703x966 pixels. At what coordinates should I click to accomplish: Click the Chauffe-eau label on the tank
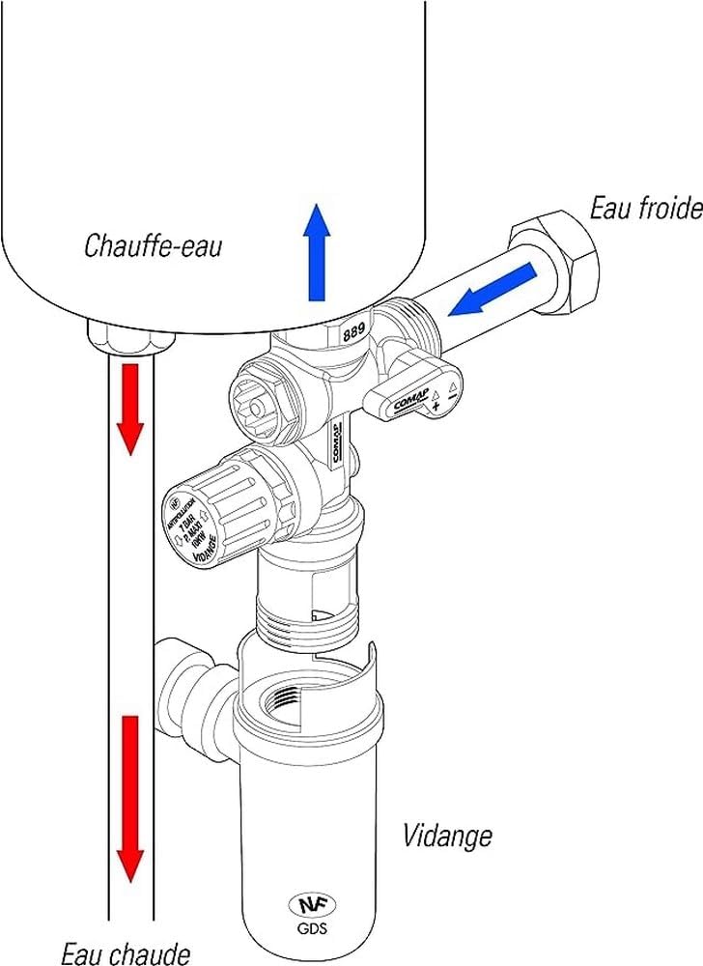tap(153, 245)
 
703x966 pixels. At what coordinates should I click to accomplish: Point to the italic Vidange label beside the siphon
tap(446, 834)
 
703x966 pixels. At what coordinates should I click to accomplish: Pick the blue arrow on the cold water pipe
tap(493, 289)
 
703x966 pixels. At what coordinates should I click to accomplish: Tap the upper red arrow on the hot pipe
tap(130, 406)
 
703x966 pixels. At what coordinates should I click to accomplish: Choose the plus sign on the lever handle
tap(437, 408)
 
